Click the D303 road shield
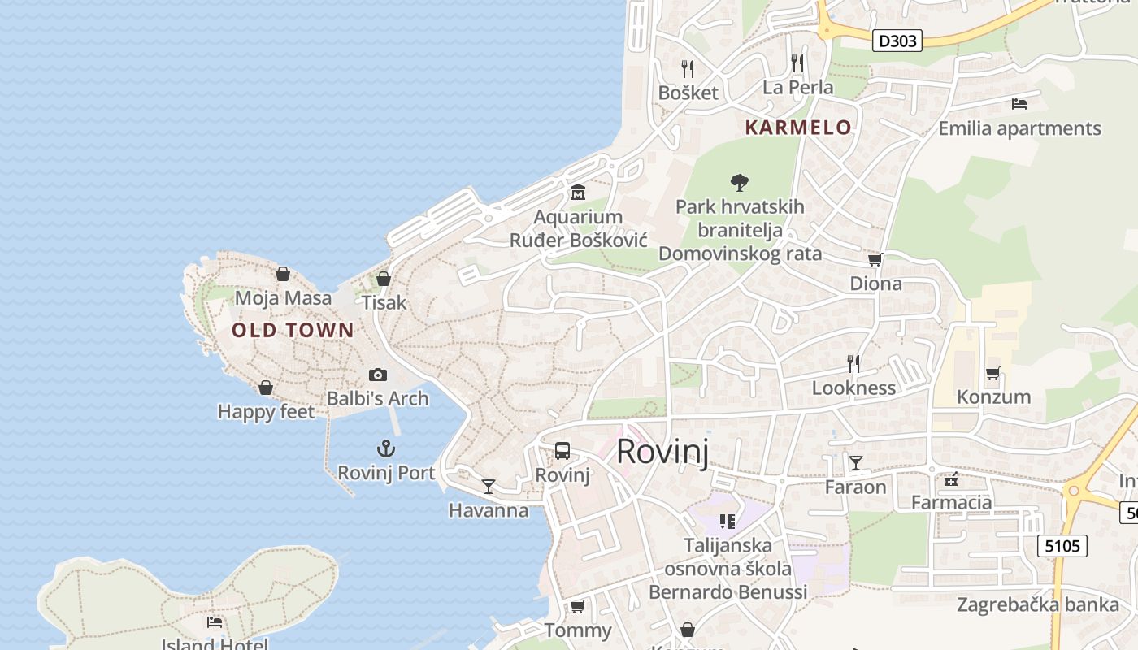pyautogui.click(x=897, y=41)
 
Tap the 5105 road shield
pyautogui.click(x=1063, y=545)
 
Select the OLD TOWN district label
pyautogui.click(x=293, y=330)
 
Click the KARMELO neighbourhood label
pyautogui.click(x=798, y=128)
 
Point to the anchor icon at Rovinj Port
pyautogui.click(x=386, y=448)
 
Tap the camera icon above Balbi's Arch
pyautogui.click(x=377, y=375)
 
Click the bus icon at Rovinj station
pyautogui.click(x=562, y=451)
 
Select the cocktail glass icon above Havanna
pyautogui.click(x=488, y=486)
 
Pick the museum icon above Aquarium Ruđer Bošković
pyautogui.click(x=578, y=193)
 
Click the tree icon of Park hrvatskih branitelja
pyautogui.click(x=740, y=182)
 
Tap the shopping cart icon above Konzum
pyautogui.click(x=992, y=374)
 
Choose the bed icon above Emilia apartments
pyautogui.click(x=1019, y=104)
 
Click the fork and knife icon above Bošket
pyautogui.click(x=688, y=68)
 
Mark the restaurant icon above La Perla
pyautogui.click(x=797, y=63)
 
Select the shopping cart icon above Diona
pyautogui.click(x=875, y=260)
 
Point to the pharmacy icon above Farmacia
pyautogui.click(x=951, y=479)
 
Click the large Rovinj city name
pyautogui.click(x=662, y=452)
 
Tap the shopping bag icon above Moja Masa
pyautogui.click(x=283, y=274)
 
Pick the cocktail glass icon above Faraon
pyautogui.click(x=855, y=463)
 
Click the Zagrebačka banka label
pyautogui.click(x=1037, y=604)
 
